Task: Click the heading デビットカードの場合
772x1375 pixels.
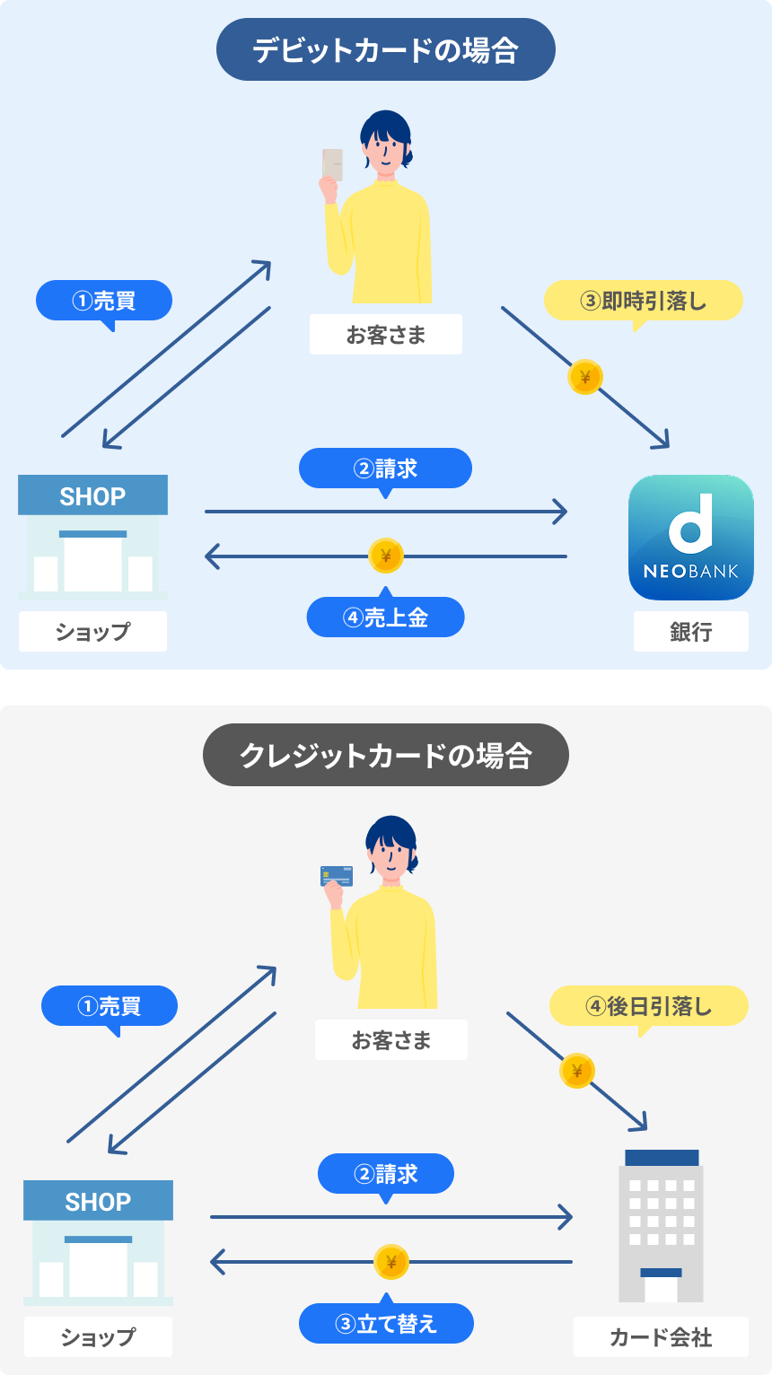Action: [385, 50]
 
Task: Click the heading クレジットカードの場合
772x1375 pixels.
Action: [385, 756]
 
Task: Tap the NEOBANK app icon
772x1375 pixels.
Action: [690, 538]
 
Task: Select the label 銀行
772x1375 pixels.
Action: [690, 632]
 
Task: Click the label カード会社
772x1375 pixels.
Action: [661, 1337]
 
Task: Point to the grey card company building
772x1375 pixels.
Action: [661, 1226]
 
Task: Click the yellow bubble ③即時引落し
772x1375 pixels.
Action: [643, 302]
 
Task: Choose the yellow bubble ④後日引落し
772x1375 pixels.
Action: [648, 1007]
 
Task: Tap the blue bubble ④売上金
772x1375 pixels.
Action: [385, 617]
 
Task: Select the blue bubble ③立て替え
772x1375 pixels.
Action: [385, 1324]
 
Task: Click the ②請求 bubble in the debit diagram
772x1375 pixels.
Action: [385, 469]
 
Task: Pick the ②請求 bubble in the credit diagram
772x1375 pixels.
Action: [385, 1174]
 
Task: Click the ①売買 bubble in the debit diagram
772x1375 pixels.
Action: [103, 301]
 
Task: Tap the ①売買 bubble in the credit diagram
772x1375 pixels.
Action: [109, 1006]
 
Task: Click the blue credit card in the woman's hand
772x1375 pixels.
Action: [337, 875]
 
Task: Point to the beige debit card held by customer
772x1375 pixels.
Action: [332, 164]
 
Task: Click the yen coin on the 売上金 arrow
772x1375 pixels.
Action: [386, 556]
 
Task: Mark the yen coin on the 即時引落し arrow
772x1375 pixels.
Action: [585, 378]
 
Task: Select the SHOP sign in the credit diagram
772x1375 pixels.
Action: [98, 1201]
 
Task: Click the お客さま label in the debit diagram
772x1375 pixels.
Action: [385, 335]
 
